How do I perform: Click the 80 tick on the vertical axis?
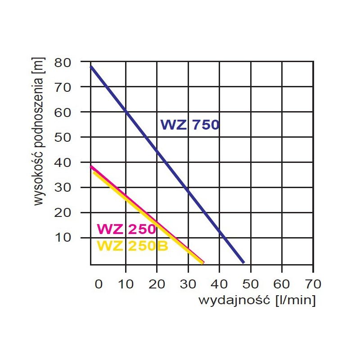(63, 62)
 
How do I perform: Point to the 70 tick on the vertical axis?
(63, 87)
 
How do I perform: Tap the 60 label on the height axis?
(63, 112)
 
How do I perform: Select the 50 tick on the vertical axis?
(63, 137)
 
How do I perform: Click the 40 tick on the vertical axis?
(63, 162)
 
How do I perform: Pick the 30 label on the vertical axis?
(63, 187)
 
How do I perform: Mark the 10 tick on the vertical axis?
(63, 237)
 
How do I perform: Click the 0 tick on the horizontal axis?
(99, 284)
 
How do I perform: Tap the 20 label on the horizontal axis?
(157, 284)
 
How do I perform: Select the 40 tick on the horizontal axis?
(219, 284)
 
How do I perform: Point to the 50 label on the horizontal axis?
(251, 284)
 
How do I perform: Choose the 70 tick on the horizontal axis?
(313, 284)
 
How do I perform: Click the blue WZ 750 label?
(190, 125)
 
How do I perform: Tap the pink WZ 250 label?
(126, 229)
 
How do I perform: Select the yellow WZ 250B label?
(132, 246)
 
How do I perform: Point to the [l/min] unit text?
(295, 300)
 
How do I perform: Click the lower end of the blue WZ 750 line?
(243, 261)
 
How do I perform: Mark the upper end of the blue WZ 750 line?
(91, 67)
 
